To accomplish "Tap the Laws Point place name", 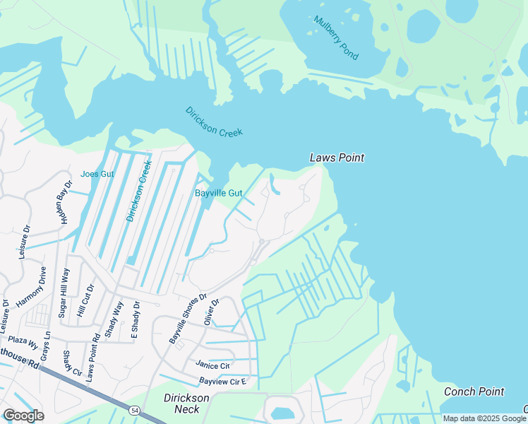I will [x=337, y=158].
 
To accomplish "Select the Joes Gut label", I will [x=97, y=174].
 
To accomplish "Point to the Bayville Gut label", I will [x=218, y=193].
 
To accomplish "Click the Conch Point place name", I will [x=474, y=391].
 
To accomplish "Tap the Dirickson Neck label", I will [x=186, y=404].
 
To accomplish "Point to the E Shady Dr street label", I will [x=135, y=322].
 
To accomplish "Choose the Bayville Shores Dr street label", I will [x=187, y=319].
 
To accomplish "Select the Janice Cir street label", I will [x=212, y=365].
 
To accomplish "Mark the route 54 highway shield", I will [x=134, y=409].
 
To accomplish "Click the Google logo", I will [x=24, y=415].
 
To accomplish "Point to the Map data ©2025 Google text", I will [x=484, y=418].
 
